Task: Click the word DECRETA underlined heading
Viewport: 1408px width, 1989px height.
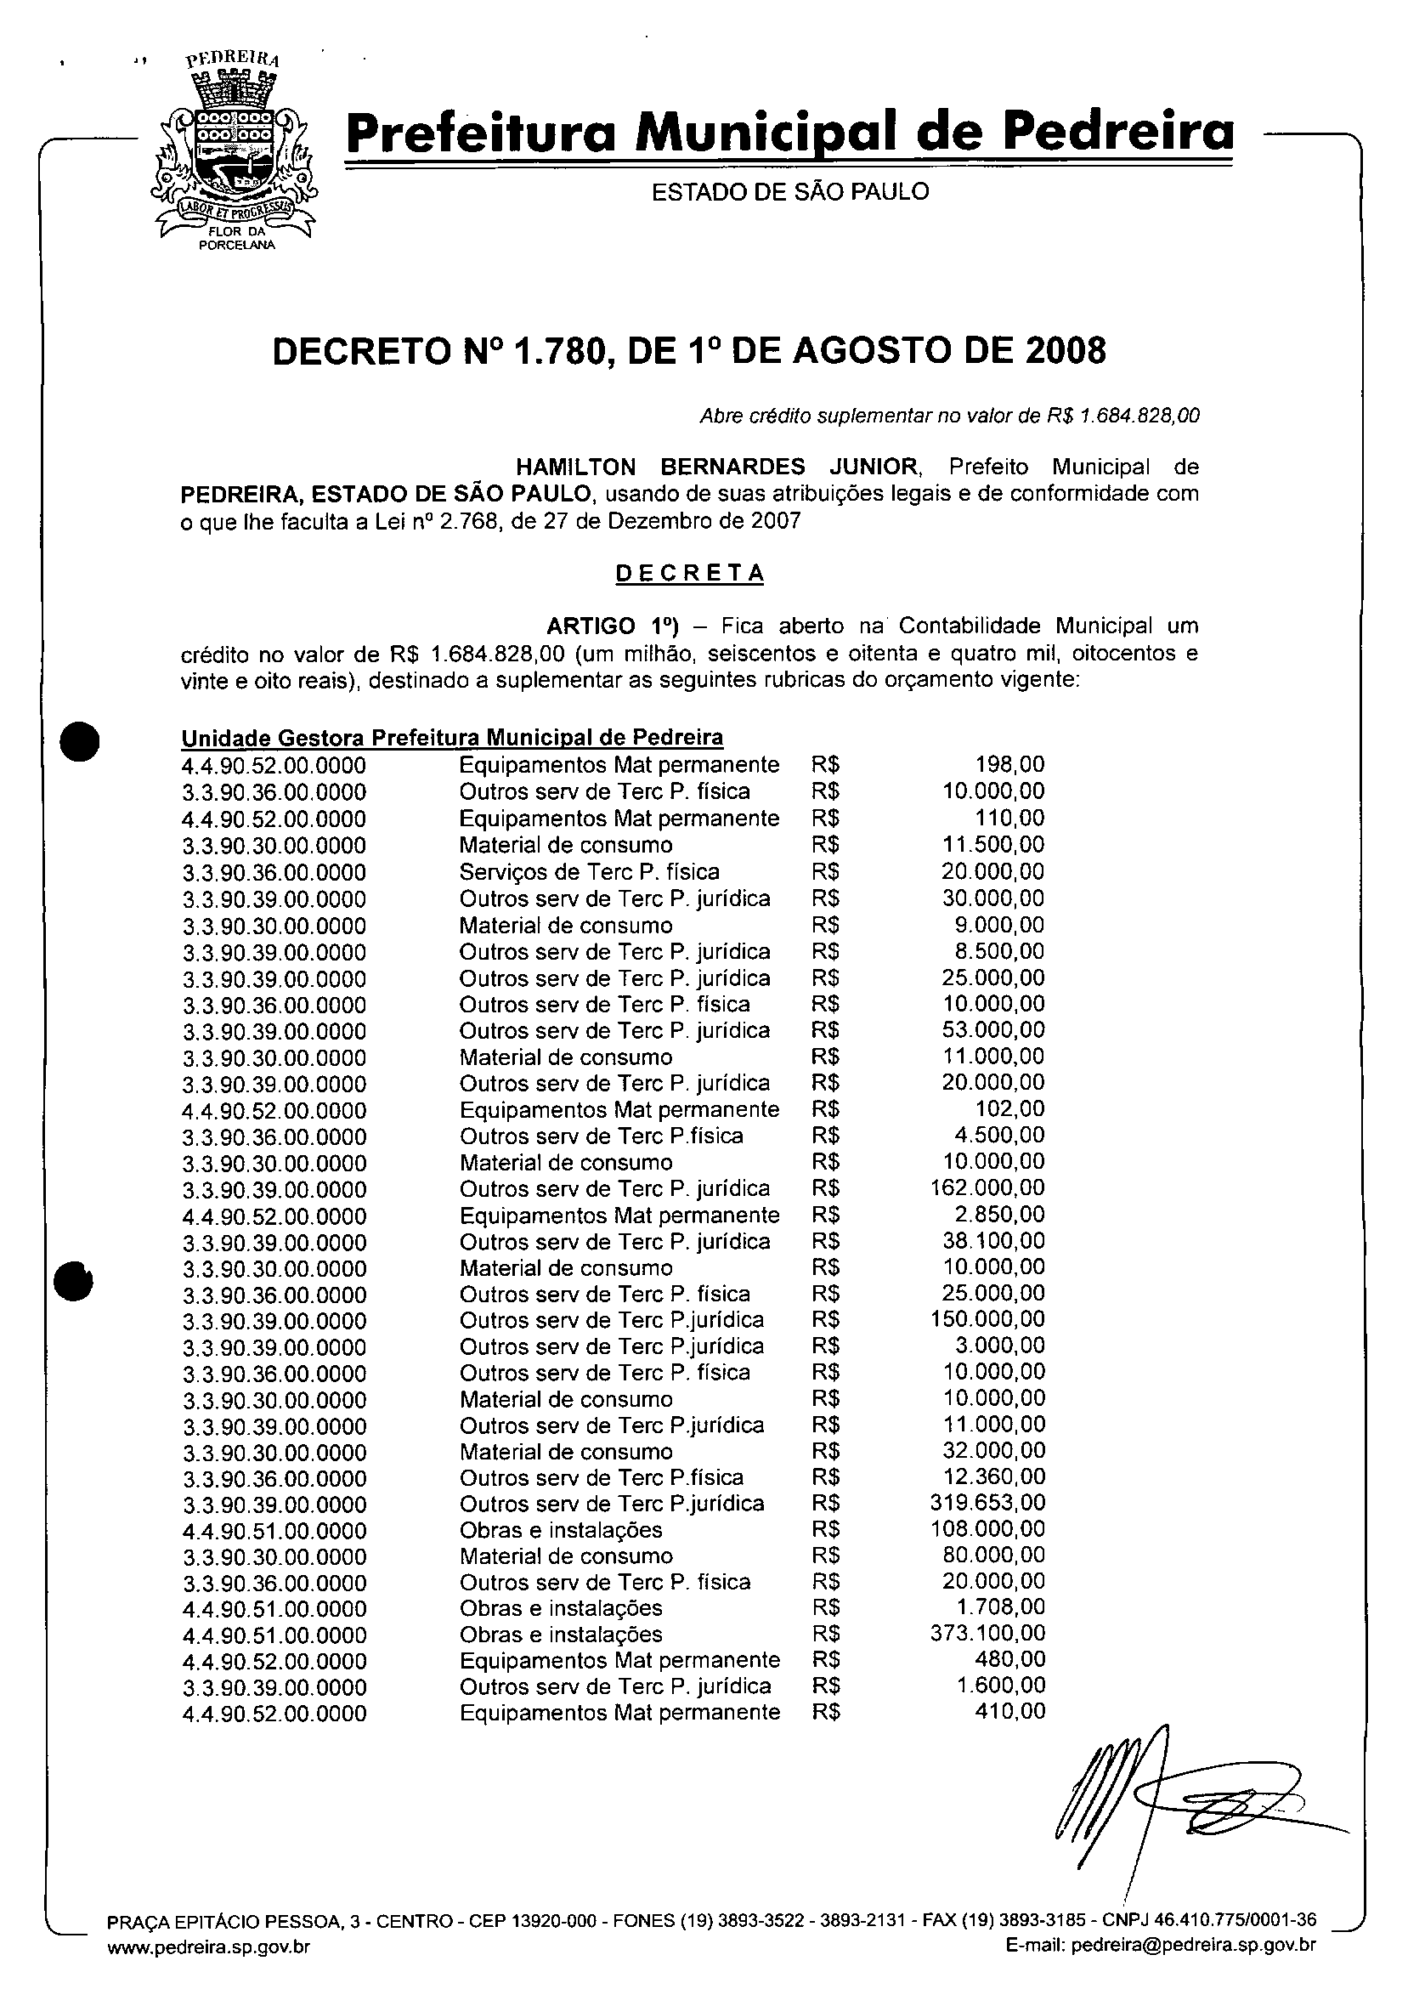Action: click(689, 574)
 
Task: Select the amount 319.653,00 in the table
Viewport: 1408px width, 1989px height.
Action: click(987, 1503)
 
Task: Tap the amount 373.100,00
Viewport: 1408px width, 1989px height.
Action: click(987, 1635)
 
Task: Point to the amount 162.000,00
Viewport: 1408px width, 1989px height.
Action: click(987, 1187)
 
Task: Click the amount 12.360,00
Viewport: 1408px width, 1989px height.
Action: click(993, 1476)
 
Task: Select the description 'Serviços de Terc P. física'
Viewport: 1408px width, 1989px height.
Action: click(589, 871)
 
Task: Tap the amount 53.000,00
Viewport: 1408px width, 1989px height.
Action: click(993, 1030)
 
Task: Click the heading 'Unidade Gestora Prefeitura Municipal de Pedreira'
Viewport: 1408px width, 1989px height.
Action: click(452, 738)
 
